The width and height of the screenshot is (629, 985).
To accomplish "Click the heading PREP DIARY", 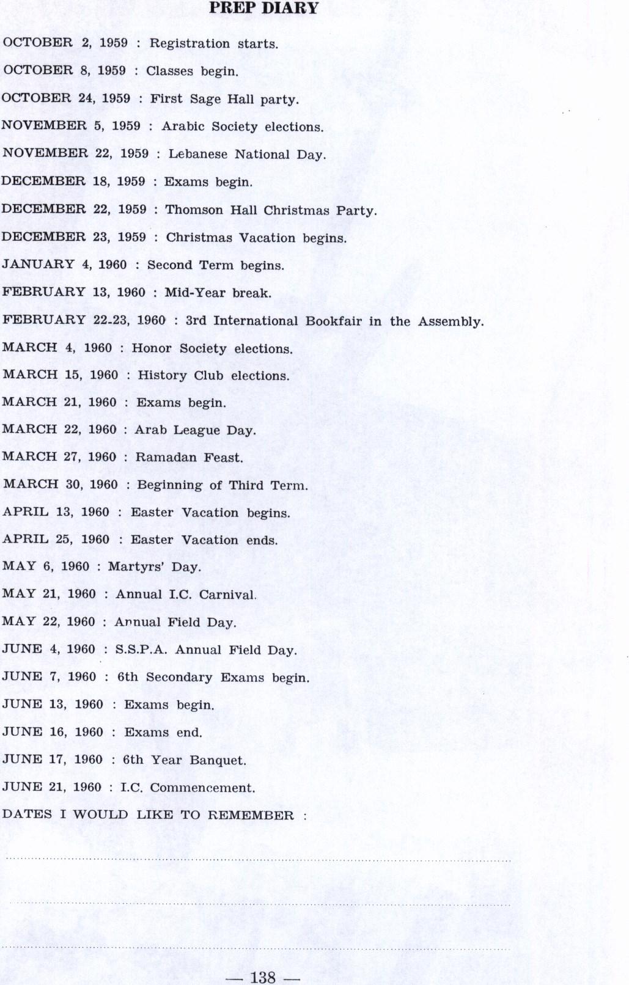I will tap(263, 9).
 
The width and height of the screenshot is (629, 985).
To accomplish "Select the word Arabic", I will tap(183, 127).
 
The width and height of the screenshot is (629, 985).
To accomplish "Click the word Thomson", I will tap(194, 210).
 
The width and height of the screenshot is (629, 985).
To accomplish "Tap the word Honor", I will tap(152, 348).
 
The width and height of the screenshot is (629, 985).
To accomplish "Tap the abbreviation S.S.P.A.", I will tap(141, 650).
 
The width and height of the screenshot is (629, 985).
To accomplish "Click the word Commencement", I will tap(202, 788).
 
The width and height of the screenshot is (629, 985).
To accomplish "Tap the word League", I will tap(196, 430).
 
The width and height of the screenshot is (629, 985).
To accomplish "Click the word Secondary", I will tap(178, 678).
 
